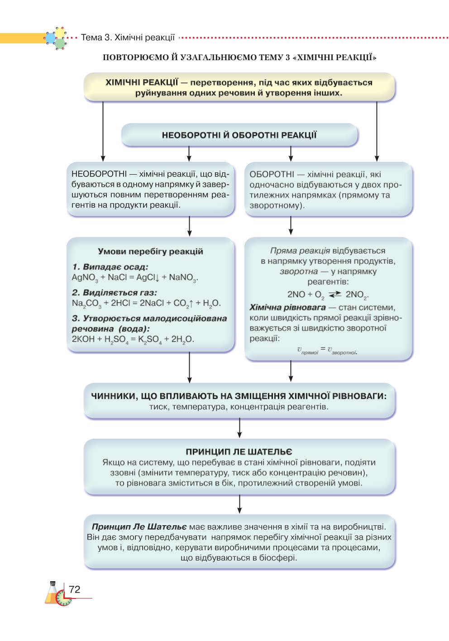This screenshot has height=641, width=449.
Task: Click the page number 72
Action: (x=74, y=589)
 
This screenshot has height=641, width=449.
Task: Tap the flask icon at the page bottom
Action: (x=52, y=593)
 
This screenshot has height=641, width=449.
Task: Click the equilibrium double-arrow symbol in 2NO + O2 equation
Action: (x=335, y=294)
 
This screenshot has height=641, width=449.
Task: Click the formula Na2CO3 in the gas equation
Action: (x=86, y=304)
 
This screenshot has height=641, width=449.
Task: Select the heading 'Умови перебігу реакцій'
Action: (x=150, y=251)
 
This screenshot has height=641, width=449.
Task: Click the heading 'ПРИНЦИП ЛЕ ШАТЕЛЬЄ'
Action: (x=239, y=451)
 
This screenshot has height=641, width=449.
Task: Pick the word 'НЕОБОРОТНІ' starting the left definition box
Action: (x=99, y=174)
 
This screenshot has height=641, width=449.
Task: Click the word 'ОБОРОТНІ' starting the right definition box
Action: (x=272, y=174)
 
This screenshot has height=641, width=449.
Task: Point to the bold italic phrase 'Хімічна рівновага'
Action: (x=287, y=308)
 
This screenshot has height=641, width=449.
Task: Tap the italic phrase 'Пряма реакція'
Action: (x=300, y=251)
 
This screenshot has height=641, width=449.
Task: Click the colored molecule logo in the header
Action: (x=56, y=38)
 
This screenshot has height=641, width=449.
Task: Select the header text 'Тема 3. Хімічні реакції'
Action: (x=128, y=38)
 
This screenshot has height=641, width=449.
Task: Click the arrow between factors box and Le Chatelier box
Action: (x=239, y=428)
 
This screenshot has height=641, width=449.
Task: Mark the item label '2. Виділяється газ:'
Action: (x=115, y=293)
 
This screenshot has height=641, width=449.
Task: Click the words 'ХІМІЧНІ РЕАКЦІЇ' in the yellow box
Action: (x=142, y=82)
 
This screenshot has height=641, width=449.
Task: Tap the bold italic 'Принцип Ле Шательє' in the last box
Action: (x=139, y=527)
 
